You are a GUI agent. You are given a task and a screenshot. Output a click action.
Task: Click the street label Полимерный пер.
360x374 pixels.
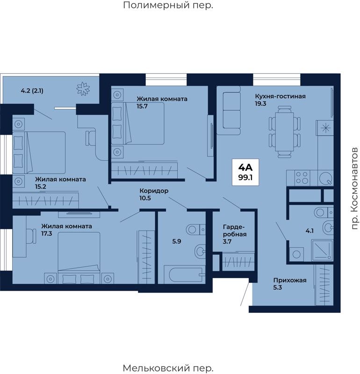tap(168, 5)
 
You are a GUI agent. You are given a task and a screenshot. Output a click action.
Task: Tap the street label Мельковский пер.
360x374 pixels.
tap(168, 368)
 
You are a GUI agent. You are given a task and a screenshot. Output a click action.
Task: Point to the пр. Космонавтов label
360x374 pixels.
tap(355, 188)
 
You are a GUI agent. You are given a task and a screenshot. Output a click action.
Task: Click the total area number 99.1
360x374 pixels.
tap(245, 178)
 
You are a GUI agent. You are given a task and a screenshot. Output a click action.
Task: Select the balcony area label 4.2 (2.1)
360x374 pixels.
tap(32, 91)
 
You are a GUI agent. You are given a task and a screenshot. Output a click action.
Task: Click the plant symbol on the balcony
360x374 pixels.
tap(83, 89)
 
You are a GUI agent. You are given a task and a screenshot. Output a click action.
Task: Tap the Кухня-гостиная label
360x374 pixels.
tap(281, 96)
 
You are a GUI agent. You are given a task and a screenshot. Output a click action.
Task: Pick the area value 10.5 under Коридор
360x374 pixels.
tap(145, 198)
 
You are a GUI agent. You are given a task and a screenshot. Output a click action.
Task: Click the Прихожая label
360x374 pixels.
tap(290, 280)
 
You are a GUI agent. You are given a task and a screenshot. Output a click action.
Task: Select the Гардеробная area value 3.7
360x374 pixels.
tap(227, 241)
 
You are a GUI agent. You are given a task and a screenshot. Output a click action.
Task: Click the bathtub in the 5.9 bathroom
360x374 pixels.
tap(185, 275)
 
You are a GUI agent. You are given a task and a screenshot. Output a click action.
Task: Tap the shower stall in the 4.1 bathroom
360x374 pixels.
tap(322, 250)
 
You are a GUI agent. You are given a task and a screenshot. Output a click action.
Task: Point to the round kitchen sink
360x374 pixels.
tap(325, 178)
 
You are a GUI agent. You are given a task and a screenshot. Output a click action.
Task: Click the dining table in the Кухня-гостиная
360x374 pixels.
tap(284, 132)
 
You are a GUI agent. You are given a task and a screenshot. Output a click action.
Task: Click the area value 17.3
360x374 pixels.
tap(47, 233)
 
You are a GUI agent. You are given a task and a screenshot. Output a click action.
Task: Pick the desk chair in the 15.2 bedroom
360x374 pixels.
tap(91, 138)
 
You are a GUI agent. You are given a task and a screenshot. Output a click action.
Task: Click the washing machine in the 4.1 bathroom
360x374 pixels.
tap(296, 254)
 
